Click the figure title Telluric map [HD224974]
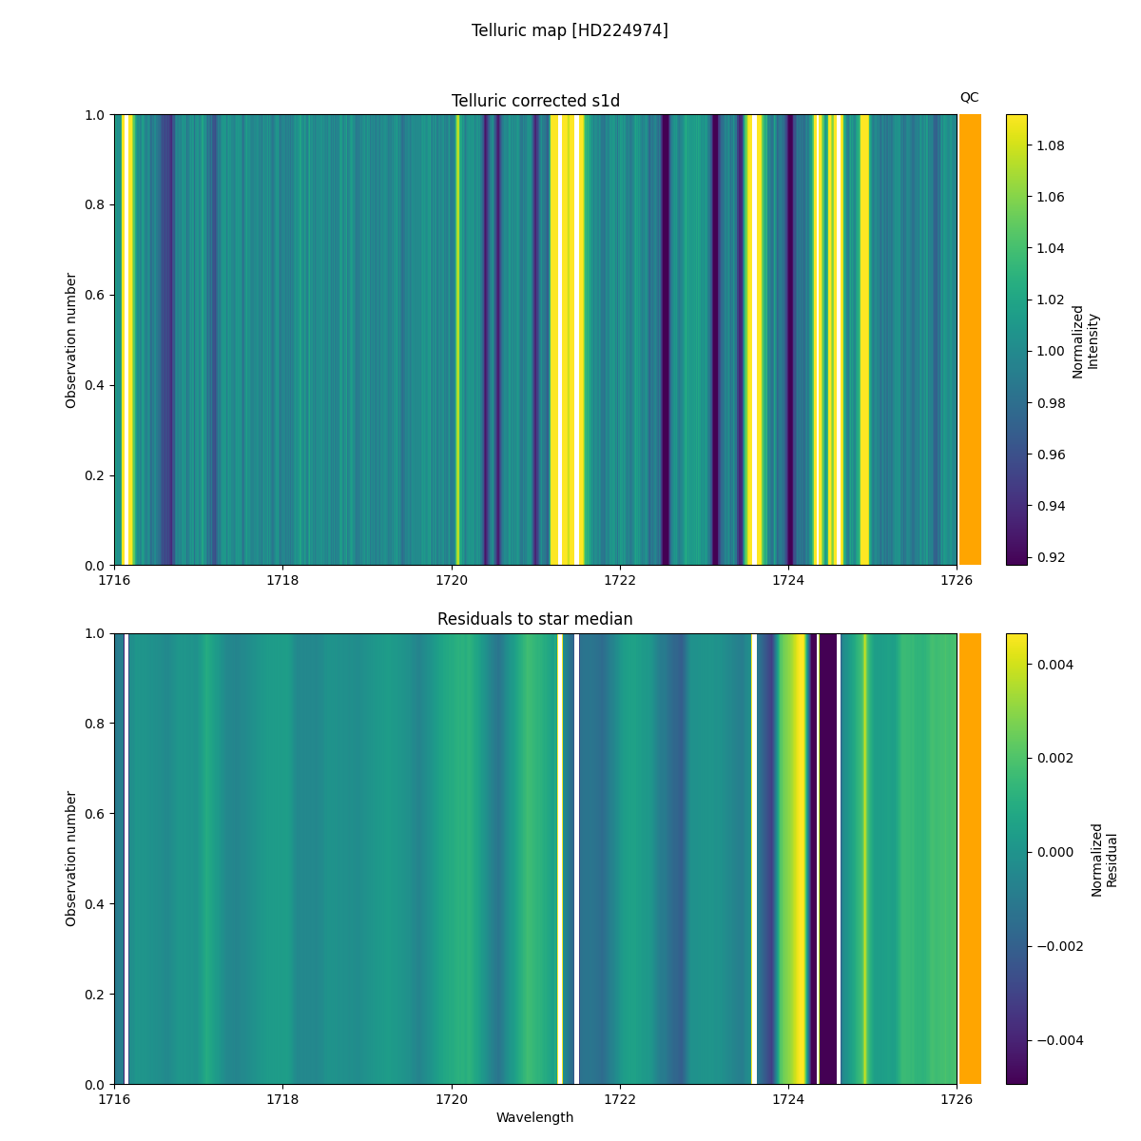click(570, 30)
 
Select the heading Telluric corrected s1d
click(535, 101)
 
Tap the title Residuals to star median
click(535, 619)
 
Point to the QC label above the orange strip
click(969, 97)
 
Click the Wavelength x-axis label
click(535, 1117)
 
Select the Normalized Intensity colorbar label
click(1085, 340)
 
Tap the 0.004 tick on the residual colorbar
click(1054, 664)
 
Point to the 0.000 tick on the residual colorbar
click(1054, 852)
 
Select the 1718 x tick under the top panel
click(282, 580)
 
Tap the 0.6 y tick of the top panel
click(97, 295)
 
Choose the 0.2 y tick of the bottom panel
click(97, 994)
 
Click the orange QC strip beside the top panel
click(970, 339)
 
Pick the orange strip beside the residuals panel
click(970, 859)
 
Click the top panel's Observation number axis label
click(71, 339)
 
